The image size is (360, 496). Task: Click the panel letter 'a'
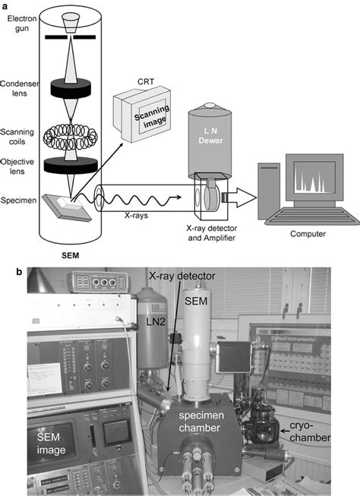tap(7, 6)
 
